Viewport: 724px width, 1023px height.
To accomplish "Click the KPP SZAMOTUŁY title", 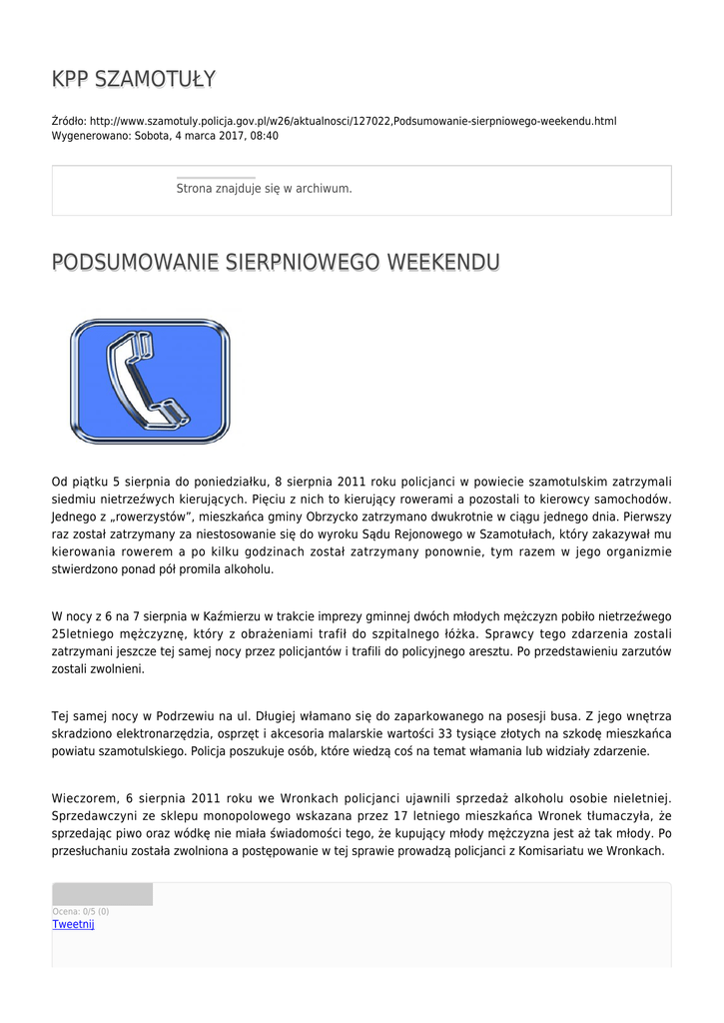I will [134, 79].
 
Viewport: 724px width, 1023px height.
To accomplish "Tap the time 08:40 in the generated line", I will [265, 136].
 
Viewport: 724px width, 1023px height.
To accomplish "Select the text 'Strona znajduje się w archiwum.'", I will [264, 188].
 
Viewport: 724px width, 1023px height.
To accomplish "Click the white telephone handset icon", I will [150, 381].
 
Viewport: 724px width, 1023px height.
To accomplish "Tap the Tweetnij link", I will [73, 924].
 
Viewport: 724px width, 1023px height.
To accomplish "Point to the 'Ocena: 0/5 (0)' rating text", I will [81, 911].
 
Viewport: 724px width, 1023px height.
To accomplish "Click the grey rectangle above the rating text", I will [102, 894].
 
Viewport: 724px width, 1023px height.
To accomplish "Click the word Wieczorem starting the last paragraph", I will [85, 797].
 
